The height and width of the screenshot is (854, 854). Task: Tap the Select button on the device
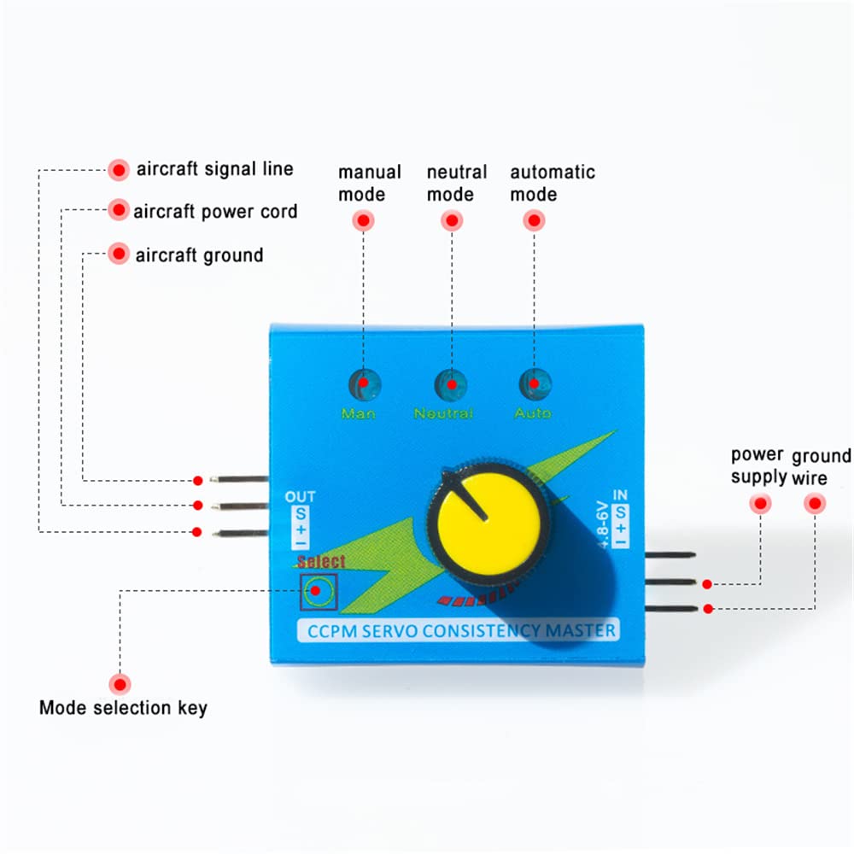pos(318,591)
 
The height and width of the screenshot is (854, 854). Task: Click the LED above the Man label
pos(364,383)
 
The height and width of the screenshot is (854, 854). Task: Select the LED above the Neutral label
pos(451,383)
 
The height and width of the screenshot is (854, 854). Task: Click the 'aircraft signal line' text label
pos(214,169)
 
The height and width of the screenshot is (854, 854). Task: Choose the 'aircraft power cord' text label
pos(215,211)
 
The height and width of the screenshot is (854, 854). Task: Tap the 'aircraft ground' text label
pos(199,254)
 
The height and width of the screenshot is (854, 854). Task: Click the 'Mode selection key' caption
pos(123,708)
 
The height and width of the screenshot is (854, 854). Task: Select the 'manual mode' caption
pos(369,183)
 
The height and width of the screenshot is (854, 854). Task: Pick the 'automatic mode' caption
pos(552,183)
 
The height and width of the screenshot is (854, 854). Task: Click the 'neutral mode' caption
pos(456,183)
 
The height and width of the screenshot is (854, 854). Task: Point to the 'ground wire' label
pos(821,466)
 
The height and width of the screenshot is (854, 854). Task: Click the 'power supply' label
pos(757,466)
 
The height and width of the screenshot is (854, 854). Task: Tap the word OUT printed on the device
pos(300,497)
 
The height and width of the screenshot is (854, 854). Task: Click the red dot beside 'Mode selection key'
pos(120,683)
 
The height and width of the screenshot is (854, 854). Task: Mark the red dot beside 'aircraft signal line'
pos(119,169)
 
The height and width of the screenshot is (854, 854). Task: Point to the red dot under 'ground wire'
pos(815,504)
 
